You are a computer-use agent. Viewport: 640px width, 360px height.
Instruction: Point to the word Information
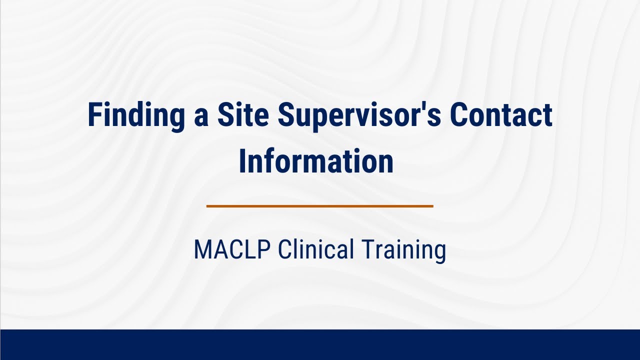[316, 161]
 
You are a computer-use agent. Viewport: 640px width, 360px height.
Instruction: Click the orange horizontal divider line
[319, 205]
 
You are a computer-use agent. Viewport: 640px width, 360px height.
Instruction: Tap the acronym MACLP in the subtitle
[232, 249]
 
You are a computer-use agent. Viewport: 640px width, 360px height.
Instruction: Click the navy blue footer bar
[320, 344]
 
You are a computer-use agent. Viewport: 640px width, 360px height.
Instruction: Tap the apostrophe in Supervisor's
[426, 107]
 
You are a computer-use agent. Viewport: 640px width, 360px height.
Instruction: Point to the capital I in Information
[242, 161]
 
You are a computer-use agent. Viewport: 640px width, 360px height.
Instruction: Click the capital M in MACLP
[201, 249]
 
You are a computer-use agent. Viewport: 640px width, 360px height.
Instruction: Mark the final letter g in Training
[439, 252]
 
